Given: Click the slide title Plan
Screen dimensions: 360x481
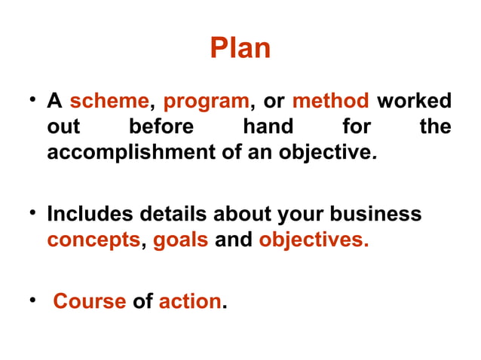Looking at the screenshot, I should coord(240,48).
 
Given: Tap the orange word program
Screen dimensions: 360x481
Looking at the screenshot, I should coord(206,101).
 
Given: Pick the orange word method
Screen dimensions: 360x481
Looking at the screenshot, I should coord(330,101).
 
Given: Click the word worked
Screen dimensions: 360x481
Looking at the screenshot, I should coord(414,101).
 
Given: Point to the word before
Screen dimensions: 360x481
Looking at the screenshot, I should coord(161,127).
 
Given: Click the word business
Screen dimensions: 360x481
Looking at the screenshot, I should coord(375,215).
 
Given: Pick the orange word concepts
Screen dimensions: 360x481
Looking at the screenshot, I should coord(93,241).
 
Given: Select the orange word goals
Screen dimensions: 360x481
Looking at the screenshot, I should coord(180,241).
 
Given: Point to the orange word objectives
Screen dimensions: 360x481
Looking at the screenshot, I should coord(312,241).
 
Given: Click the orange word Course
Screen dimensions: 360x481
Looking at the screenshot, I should coord(89,302).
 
